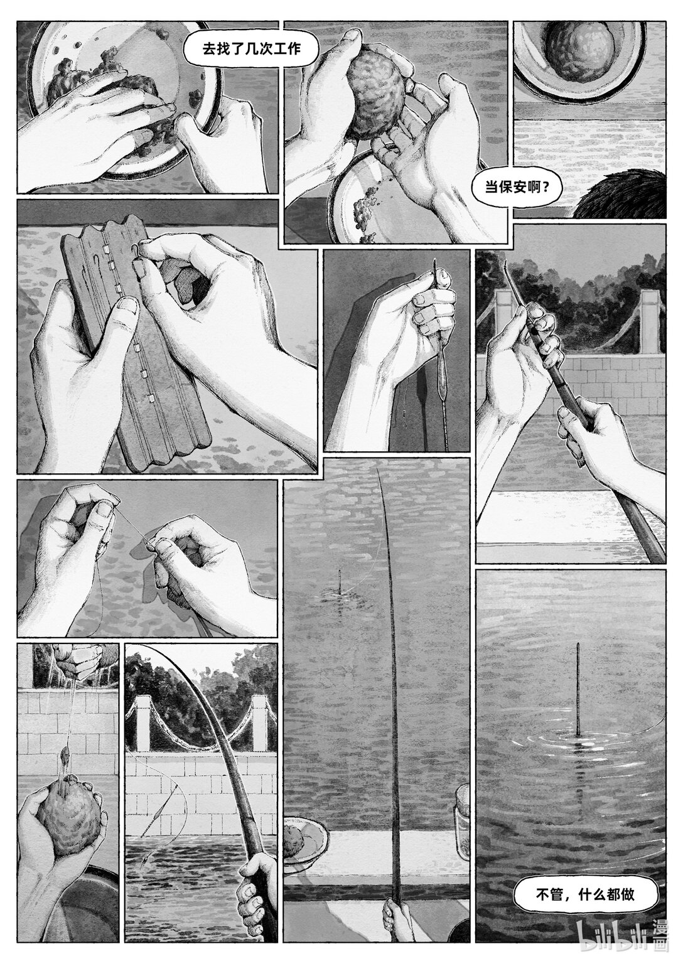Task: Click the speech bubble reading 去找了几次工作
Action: point(251,49)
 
